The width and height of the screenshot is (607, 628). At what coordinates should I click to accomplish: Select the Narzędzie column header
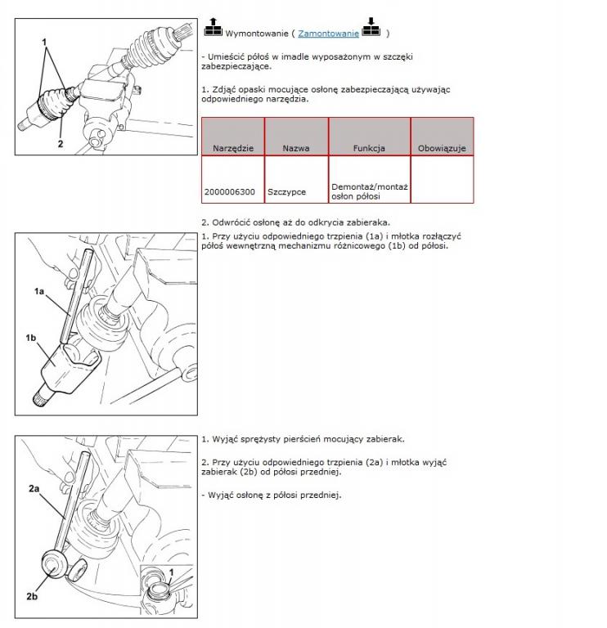click(233, 149)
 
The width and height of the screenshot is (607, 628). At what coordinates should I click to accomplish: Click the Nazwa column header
click(296, 149)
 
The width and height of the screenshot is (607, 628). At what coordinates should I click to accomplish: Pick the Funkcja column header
click(369, 149)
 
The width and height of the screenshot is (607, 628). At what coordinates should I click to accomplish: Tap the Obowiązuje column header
click(442, 149)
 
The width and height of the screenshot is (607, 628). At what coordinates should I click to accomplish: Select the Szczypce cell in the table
click(286, 192)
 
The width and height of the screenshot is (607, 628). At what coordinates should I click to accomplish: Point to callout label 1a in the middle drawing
click(39, 291)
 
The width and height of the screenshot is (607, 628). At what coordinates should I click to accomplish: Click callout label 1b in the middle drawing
click(31, 337)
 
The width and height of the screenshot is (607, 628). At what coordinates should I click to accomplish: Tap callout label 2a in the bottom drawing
click(34, 489)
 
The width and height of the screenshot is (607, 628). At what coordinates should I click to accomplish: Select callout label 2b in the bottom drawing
click(32, 597)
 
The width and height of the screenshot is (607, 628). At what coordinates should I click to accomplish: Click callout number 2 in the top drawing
click(61, 144)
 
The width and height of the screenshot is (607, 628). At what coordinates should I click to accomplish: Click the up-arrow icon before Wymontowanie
click(213, 29)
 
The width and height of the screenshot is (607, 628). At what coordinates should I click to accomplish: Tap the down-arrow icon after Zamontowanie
click(372, 29)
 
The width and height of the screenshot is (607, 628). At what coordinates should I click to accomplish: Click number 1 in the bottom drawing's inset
click(171, 571)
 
